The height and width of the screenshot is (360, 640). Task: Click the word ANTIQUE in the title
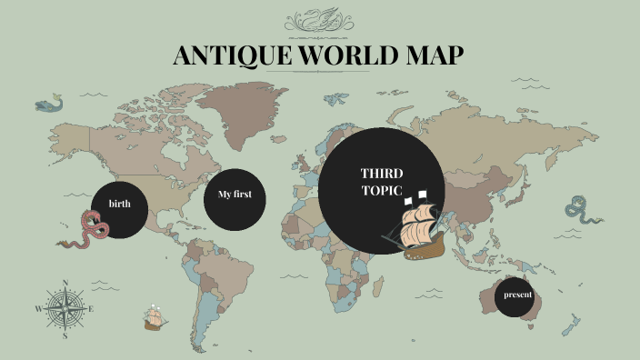point(228,56)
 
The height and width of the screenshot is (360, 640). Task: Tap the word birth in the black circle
point(119,203)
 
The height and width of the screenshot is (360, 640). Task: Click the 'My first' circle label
point(235,195)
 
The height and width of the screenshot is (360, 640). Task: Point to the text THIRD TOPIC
point(382,181)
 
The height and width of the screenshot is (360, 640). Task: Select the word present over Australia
point(518,295)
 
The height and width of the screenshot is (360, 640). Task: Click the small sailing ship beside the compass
point(155,318)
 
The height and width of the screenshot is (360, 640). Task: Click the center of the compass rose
point(65,308)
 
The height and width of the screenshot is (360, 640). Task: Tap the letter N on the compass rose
point(65,282)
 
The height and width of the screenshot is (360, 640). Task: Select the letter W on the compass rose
point(39,309)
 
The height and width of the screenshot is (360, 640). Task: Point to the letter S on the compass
point(65,335)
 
